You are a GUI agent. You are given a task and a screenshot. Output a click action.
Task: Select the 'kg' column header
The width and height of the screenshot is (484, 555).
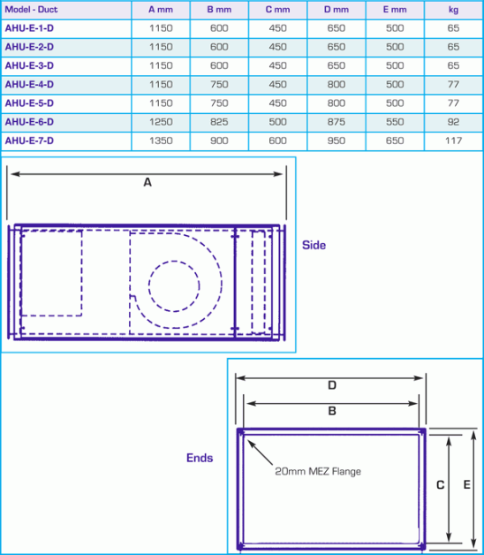click(454, 10)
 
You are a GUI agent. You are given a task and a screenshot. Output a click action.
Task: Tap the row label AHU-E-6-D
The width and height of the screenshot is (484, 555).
click(29, 122)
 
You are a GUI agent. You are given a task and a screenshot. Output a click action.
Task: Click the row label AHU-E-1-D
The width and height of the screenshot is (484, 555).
click(29, 28)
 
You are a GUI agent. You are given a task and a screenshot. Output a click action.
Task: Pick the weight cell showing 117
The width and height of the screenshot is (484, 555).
click(454, 141)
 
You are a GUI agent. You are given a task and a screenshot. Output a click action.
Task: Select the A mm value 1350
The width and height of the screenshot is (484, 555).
click(161, 141)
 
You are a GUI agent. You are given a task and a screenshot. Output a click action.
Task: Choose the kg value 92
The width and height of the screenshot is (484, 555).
click(454, 122)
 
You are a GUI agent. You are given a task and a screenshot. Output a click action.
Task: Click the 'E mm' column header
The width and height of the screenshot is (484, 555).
click(394, 10)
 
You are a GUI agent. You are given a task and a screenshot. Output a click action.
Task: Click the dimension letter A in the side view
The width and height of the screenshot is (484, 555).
click(147, 183)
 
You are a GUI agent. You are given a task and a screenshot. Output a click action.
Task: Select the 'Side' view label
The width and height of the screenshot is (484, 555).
click(314, 245)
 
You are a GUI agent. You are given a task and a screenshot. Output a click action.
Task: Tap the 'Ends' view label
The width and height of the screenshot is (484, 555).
click(199, 458)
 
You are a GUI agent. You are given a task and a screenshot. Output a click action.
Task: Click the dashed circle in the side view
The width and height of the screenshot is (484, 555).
click(174, 288)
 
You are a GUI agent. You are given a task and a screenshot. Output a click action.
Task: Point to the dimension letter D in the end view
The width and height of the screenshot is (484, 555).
click(332, 385)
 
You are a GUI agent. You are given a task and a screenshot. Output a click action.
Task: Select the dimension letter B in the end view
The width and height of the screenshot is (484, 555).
click(332, 411)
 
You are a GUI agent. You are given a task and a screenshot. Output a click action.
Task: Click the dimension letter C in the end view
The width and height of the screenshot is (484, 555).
click(440, 484)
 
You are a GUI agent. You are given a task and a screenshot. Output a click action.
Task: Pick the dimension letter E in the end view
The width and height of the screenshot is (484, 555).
click(466, 484)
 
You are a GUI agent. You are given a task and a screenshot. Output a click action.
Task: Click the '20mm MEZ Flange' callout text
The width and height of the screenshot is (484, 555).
click(318, 471)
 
